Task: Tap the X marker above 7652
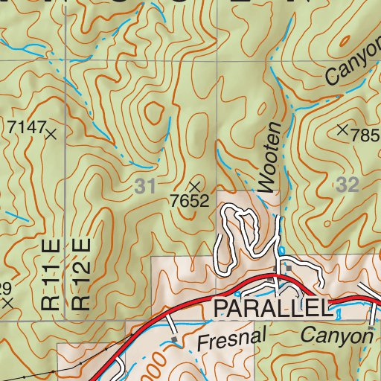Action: pos(196,185)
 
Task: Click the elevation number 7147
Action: pos(27,127)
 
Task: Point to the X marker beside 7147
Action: pos(51,135)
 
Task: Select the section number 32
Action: pos(347,186)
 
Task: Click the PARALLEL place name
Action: pos(270,308)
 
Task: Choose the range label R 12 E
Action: pos(81,275)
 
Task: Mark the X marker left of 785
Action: pos(342,129)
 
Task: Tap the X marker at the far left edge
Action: pos(7,304)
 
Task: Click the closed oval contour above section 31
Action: pos(154,113)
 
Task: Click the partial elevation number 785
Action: pos(365,136)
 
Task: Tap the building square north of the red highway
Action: pos(287,267)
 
